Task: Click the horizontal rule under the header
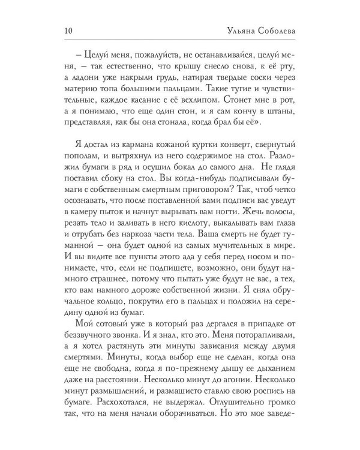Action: pyautogui.click(x=179, y=41)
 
